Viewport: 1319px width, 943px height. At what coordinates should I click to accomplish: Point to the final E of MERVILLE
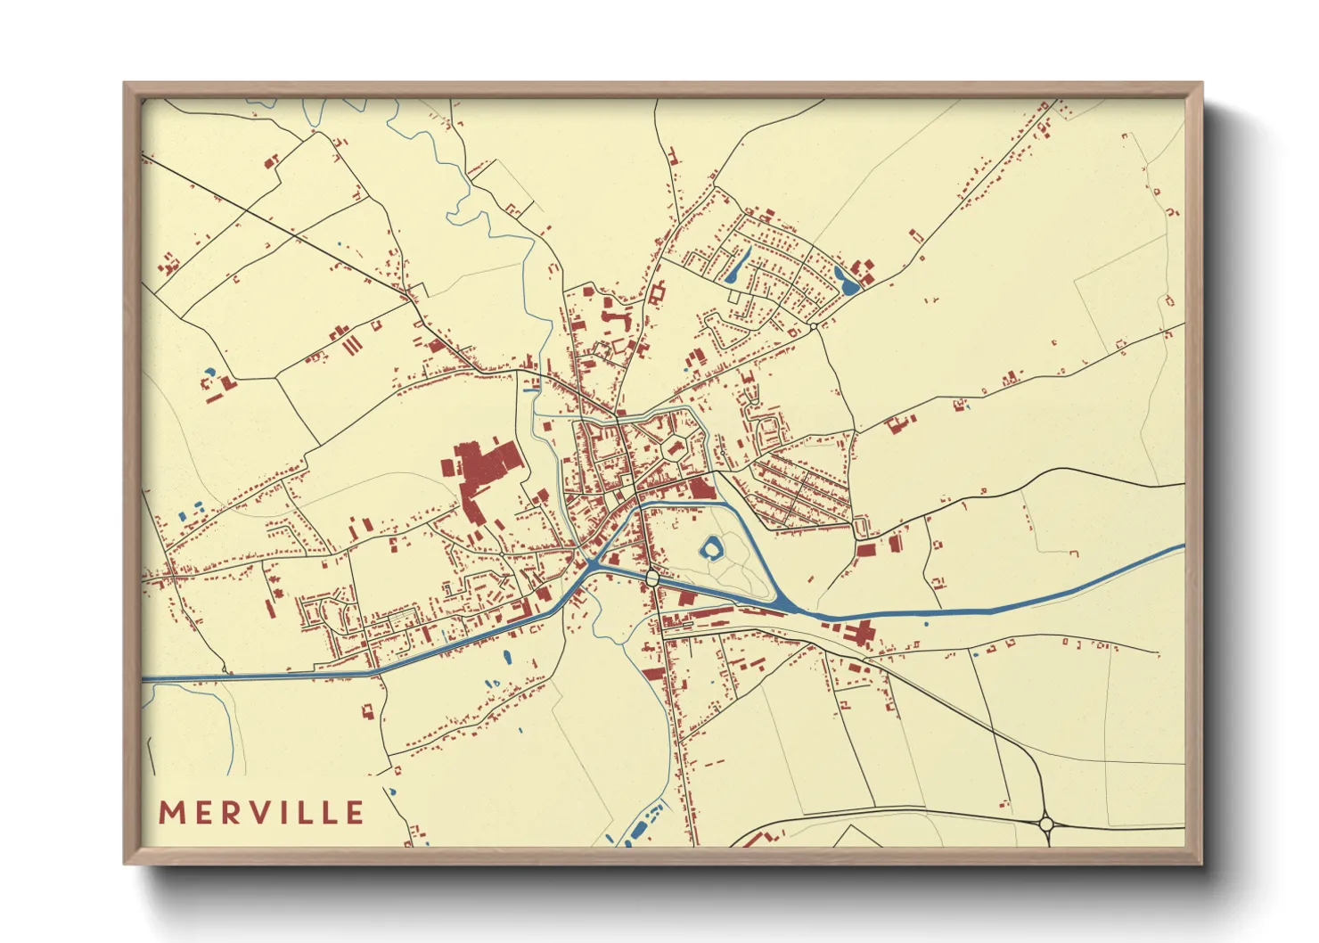point(355,812)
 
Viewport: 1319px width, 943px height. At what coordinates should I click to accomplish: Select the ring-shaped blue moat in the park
point(712,548)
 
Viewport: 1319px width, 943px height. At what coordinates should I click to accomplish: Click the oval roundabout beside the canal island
point(653,578)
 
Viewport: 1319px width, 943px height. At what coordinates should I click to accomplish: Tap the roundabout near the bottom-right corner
point(1046,824)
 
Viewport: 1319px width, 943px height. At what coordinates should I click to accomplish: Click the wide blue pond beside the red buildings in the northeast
point(846,281)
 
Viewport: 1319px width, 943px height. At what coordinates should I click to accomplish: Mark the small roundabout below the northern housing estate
point(814,327)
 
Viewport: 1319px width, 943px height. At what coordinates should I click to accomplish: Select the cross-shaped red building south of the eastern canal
point(860,635)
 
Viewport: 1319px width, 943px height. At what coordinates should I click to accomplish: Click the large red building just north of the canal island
point(701,488)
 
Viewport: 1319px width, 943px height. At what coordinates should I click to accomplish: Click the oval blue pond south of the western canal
point(507,658)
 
